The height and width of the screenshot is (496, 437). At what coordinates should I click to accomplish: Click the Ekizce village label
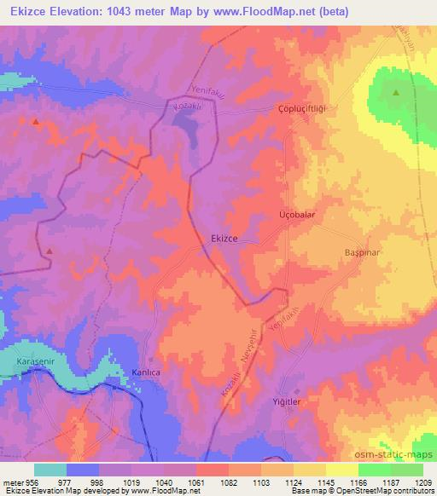point(224,240)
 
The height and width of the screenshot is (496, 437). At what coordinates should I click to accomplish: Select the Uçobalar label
point(298,215)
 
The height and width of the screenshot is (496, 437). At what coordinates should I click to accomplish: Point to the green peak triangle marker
point(395,93)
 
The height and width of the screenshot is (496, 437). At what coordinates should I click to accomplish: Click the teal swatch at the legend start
point(50,470)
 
